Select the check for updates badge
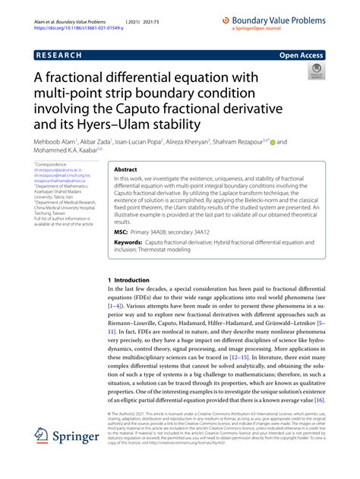click(x=314, y=71)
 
